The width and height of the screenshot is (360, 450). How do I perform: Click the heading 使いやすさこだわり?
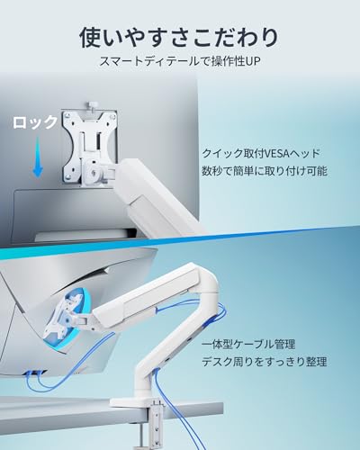click(179, 38)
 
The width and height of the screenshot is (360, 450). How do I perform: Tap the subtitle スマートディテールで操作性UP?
click(180, 61)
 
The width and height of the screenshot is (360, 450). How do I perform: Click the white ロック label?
click(35, 122)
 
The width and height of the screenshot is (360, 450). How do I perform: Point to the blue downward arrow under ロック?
click(38, 157)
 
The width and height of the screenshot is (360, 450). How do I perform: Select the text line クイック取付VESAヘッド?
click(261, 154)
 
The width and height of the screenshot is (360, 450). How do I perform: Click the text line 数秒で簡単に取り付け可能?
click(265, 171)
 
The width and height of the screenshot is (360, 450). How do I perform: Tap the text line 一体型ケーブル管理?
click(248, 345)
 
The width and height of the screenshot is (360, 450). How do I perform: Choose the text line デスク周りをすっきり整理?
click(264, 362)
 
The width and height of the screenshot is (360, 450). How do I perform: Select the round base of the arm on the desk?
click(137, 402)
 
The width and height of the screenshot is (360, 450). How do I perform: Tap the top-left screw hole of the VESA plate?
click(68, 114)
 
